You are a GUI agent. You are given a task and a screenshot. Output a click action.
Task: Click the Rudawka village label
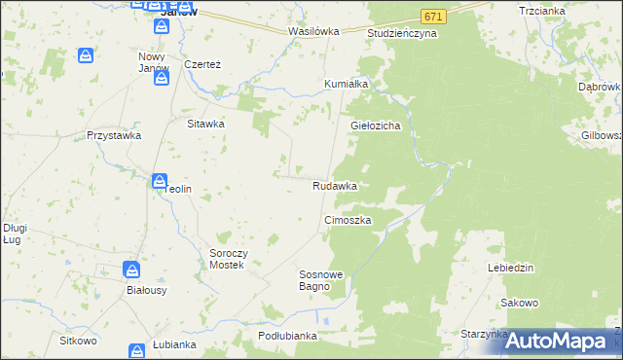(334, 185)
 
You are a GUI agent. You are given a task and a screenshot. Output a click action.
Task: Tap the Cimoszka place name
(348, 221)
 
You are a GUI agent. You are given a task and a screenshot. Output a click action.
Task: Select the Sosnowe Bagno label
(320, 281)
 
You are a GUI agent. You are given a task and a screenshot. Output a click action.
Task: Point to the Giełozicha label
(377, 126)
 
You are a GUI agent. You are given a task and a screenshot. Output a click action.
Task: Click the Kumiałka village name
(346, 84)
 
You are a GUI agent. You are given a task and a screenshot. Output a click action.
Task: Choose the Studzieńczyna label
(402, 33)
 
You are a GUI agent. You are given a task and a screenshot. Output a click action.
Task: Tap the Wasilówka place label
(313, 31)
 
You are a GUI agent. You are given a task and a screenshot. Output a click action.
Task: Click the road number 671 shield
(434, 18)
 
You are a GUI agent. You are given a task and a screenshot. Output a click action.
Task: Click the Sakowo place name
(520, 303)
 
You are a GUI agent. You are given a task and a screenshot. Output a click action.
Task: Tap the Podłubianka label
(288, 336)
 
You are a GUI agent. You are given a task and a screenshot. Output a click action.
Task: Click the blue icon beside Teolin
(158, 180)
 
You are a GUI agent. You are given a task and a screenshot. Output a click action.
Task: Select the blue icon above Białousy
(131, 270)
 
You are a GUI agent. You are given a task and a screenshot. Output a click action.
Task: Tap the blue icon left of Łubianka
(137, 349)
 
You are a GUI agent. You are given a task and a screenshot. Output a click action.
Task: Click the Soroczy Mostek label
(232, 259)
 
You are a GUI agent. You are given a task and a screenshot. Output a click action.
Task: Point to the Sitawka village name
(206, 124)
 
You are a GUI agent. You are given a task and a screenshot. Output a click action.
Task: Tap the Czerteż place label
(203, 64)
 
